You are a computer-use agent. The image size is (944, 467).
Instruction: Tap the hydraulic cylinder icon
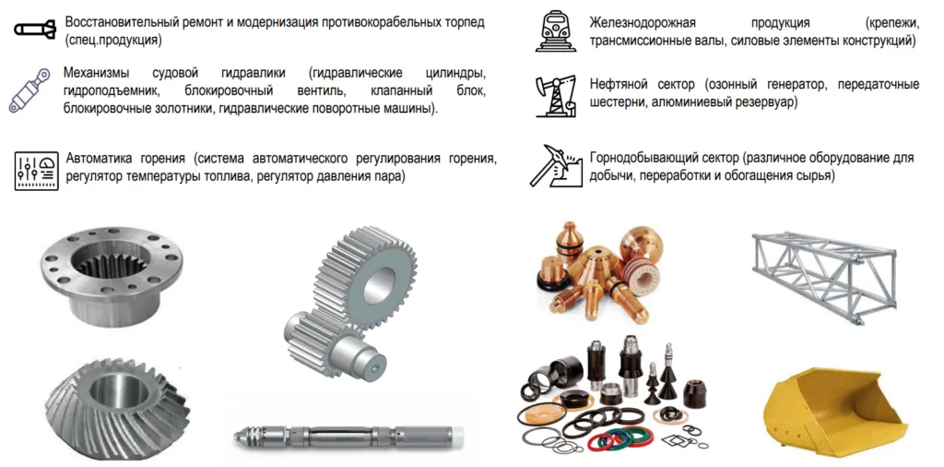29,91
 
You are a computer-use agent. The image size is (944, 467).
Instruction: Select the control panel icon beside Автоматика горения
36,171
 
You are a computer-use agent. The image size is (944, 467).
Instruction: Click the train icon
551,31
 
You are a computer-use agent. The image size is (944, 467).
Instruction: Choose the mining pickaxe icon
556,166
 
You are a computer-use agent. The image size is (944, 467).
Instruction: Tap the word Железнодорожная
643,23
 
